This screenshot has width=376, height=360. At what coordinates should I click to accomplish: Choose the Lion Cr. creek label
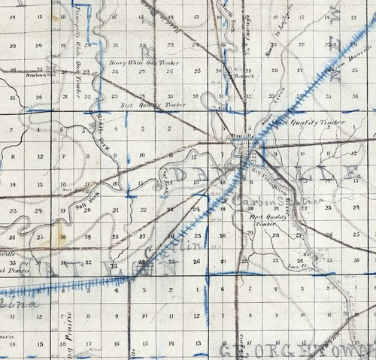296,264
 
